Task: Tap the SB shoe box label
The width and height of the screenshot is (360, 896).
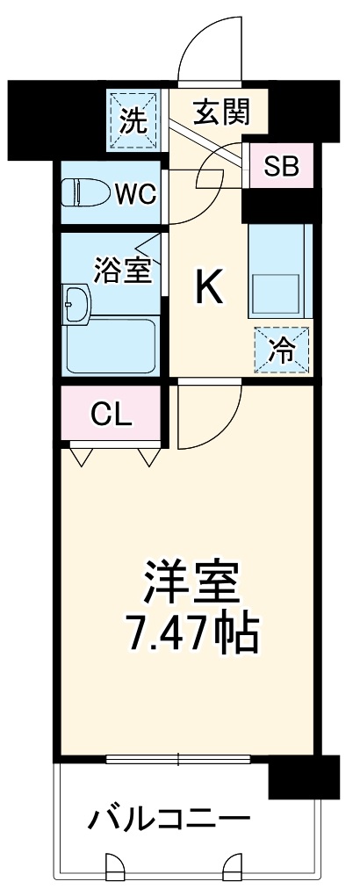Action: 280,166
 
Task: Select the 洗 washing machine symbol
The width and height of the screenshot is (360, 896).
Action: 133,119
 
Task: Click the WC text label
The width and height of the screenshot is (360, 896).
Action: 137,192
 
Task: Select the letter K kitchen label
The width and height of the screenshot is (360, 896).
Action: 208,286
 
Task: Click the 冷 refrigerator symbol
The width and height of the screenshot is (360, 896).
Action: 282,350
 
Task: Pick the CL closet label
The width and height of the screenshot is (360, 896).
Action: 112,413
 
